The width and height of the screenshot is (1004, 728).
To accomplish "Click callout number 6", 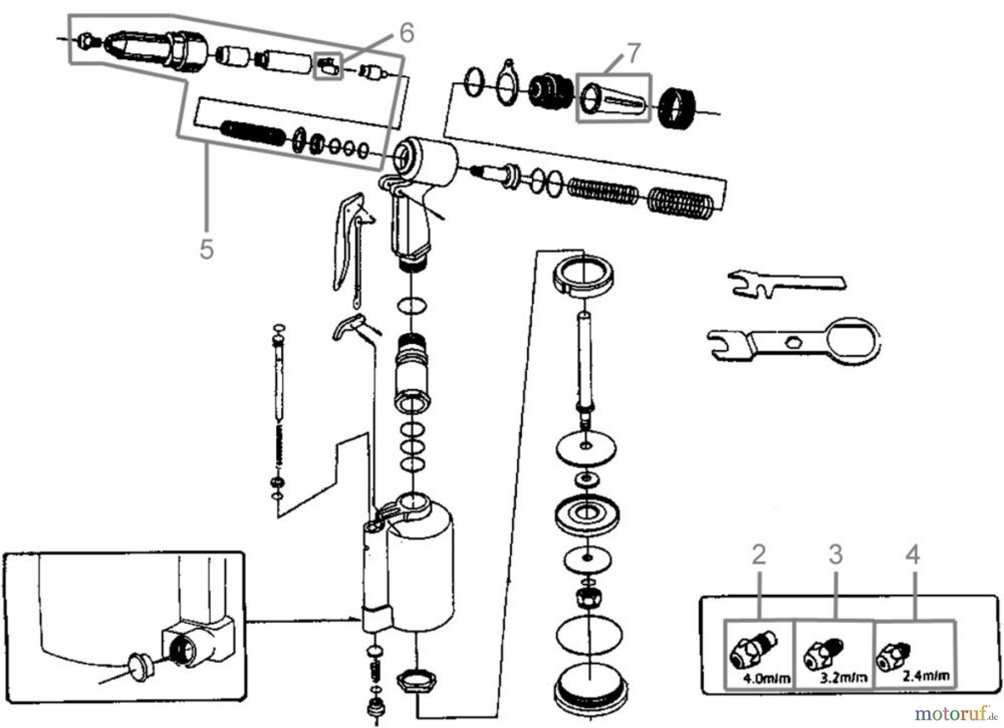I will (407, 33).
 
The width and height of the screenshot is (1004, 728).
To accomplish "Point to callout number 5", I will (206, 249).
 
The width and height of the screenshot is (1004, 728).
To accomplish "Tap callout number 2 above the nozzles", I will (759, 555).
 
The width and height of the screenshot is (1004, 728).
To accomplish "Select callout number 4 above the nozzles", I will (912, 555).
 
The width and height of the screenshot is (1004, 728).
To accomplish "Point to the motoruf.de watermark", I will (955, 713).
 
